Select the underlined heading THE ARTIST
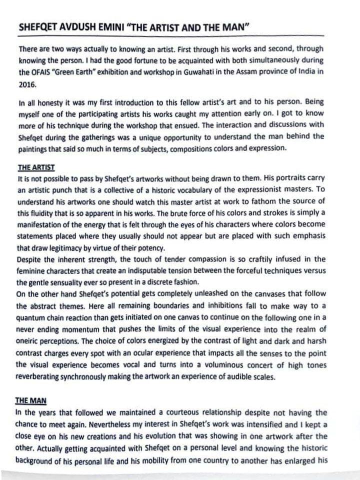[x=35, y=167]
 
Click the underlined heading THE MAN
[x=30, y=400]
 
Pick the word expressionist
[x=261, y=190]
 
